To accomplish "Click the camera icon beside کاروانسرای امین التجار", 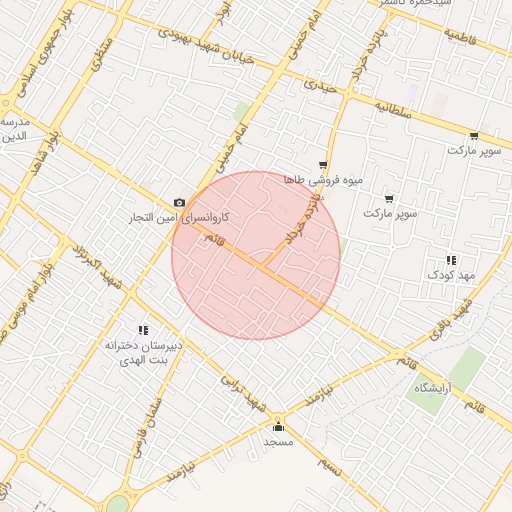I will coord(180,203).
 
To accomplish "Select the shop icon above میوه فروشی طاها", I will coord(322,166).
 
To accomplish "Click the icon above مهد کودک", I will coord(450,260).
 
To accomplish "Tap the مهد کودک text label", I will coord(448,274).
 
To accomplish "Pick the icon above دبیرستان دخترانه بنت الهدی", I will coord(142,330).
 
